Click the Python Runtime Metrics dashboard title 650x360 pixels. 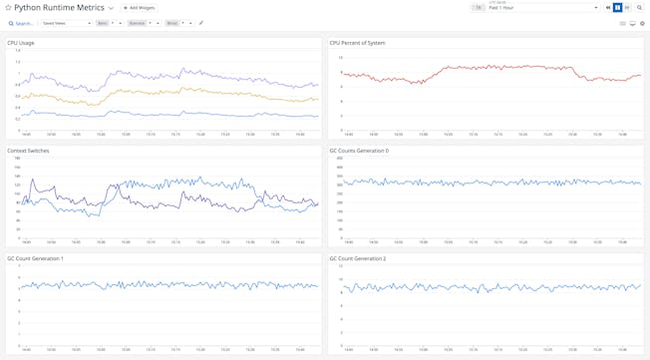tap(59, 7)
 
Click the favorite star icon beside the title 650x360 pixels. tap(8, 7)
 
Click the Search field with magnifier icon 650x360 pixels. tap(21, 23)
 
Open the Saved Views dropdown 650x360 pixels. tap(66, 23)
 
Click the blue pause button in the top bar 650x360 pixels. tap(618, 8)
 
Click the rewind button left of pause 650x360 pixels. tap(608, 8)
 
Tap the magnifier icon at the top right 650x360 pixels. tap(641, 8)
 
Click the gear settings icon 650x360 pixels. tap(642, 23)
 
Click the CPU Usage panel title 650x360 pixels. tap(22, 43)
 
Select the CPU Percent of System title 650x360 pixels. tap(357, 43)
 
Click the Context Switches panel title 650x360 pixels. tap(28, 151)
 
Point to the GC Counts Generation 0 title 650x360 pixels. tap(359, 151)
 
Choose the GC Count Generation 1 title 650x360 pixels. tap(35, 258)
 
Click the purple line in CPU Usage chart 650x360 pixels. tap(150, 74)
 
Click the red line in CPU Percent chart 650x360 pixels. tap(498, 67)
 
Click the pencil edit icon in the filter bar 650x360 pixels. tap(201, 23)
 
